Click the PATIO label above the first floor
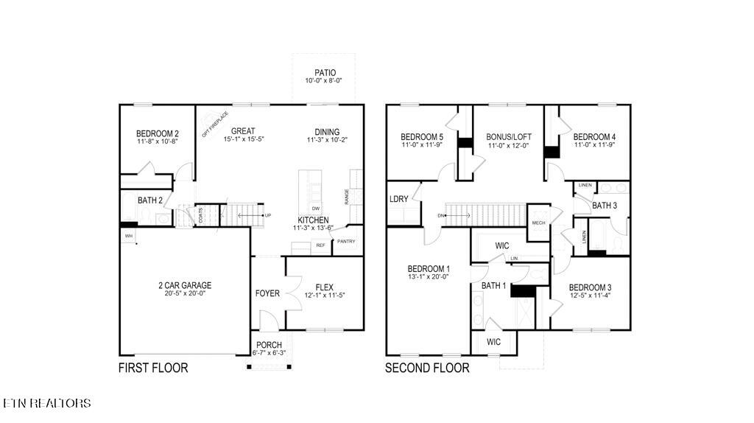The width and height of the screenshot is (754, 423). pyautogui.click(x=325, y=72)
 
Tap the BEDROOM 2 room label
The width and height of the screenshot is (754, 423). pyautogui.click(x=158, y=133)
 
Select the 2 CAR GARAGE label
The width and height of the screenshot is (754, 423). pyautogui.click(x=184, y=285)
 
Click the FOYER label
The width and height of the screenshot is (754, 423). pyautogui.click(x=267, y=293)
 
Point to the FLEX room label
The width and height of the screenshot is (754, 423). pyautogui.click(x=324, y=287)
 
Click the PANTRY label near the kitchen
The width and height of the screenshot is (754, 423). pyautogui.click(x=346, y=241)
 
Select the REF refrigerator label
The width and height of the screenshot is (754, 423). pyautogui.click(x=320, y=245)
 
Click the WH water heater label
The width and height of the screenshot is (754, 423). pyautogui.click(x=128, y=236)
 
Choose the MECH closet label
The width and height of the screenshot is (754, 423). pyautogui.click(x=538, y=223)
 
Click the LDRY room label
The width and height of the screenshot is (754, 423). pyautogui.click(x=399, y=200)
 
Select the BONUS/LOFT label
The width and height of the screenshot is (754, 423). pyautogui.click(x=509, y=137)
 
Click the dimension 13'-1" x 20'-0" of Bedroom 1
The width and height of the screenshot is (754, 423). pyautogui.click(x=428, y=277)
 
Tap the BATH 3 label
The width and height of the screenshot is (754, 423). pyautogui.click(x=605, y=206)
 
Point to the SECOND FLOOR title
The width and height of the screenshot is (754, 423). pyautogui.click(x=427, y=368)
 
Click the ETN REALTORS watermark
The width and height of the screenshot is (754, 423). pyautogui.click(x=47, y=403)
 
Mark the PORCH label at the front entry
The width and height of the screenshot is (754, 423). pyautogui.click(x=269, y=345)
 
